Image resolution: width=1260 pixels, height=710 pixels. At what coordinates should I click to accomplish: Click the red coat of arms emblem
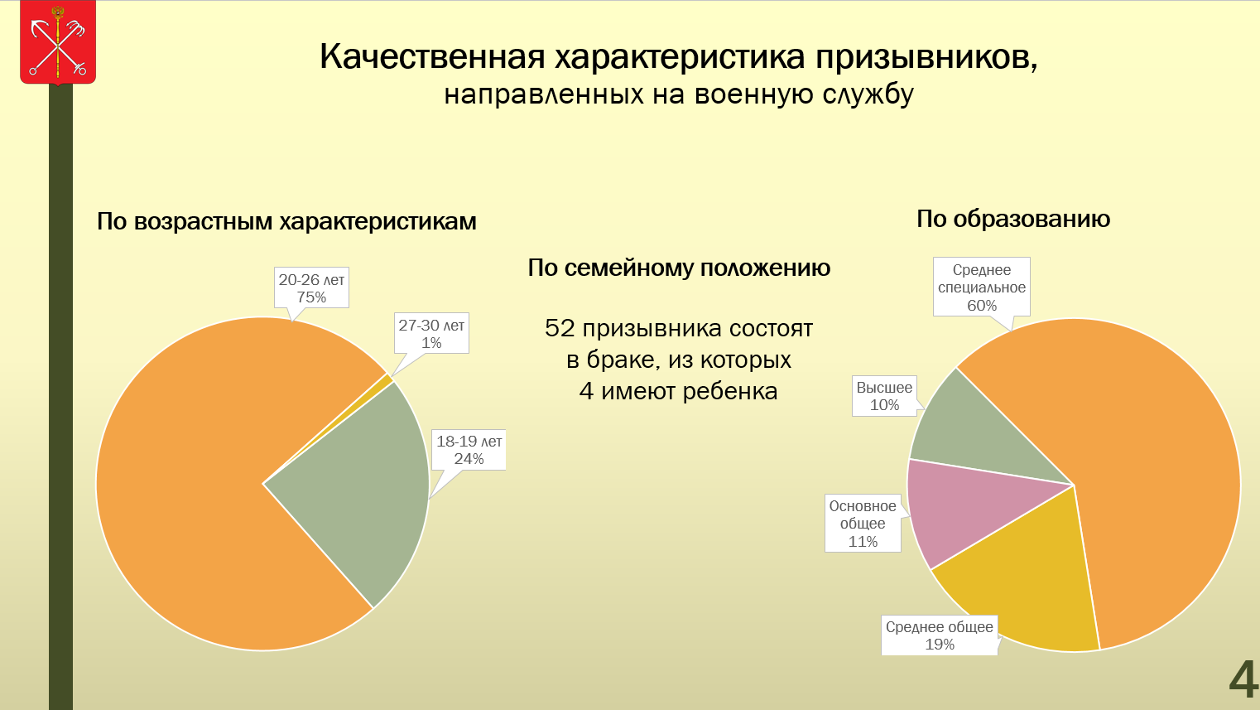[x=58, y=43]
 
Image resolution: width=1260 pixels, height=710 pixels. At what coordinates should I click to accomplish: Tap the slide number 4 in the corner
[x=1243, y=679]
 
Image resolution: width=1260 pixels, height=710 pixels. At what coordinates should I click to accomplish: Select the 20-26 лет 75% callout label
[x=311, y=287]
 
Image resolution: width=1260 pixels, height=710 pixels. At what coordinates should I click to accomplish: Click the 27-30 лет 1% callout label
[x=431, y=333]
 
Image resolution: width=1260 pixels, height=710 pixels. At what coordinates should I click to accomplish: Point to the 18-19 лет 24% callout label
[x=469, y=450]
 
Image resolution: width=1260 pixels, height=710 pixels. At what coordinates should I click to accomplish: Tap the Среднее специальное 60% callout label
[x=982, y=287]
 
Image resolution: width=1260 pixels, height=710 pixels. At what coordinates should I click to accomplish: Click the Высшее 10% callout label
[x=884, y=396]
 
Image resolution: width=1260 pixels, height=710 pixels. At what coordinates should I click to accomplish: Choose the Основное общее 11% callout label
[x=863, y=523]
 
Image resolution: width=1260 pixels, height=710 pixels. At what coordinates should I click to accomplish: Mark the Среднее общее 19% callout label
[x=940, y=635]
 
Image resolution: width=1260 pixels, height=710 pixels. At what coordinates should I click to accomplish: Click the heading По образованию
[x=1013, y=219]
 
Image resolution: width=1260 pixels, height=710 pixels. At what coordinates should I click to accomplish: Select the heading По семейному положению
[x=679, y=268]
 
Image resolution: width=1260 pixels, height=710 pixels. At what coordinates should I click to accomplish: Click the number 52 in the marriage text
[x=560, y=328]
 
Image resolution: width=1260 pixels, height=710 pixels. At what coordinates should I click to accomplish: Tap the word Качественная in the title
[x=433, y=56]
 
